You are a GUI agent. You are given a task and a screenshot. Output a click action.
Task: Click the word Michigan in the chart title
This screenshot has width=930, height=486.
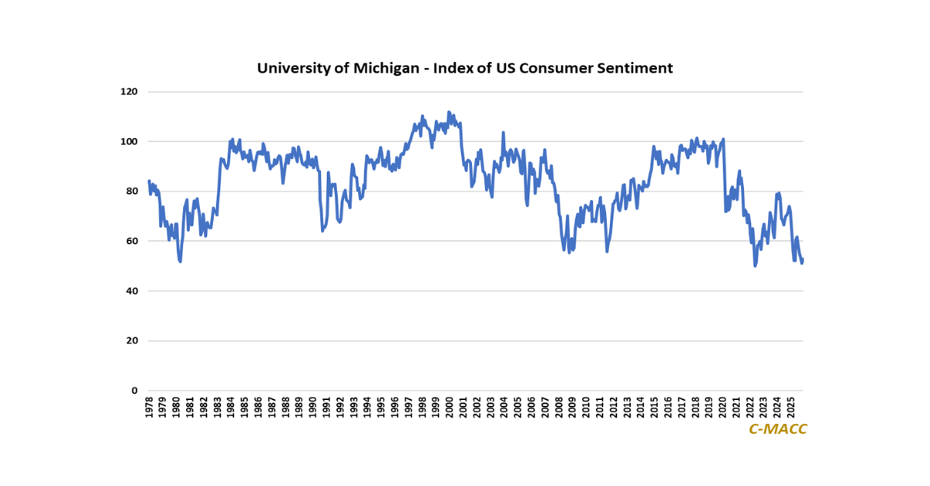click(x=384, y=68)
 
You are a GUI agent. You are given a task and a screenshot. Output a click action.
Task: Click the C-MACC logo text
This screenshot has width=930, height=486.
click(x=777, y=429)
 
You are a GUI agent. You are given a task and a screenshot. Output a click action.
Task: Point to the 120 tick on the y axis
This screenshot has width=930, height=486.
click(x=129, y=91)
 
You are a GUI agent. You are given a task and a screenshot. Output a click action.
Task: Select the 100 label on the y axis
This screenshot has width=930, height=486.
click(x=129, y=141)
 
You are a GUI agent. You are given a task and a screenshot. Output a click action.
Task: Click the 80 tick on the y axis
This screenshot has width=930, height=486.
click(x=131, y=191)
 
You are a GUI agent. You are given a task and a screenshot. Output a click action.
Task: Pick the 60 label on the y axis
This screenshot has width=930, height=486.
click(x=131, y=241)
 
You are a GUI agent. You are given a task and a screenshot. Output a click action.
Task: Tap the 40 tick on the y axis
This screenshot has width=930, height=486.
click(x=131, y=291)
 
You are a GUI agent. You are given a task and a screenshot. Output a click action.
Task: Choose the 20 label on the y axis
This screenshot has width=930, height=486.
click(x=131, y=341)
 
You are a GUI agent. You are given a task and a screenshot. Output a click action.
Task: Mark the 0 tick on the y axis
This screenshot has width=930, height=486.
click(x=133, y=391)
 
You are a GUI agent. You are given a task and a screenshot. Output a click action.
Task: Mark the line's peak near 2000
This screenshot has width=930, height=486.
click(x=449, y=112)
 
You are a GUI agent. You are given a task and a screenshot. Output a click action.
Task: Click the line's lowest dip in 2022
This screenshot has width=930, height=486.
click(x=755, y=266)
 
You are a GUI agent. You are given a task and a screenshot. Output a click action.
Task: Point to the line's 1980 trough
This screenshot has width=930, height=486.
click(x=180, y=261)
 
